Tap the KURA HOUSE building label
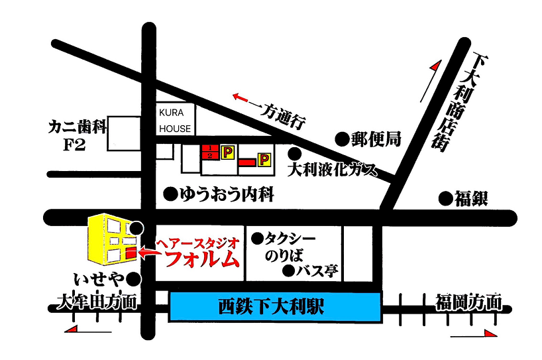175,121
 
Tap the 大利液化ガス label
333,170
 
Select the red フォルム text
201,259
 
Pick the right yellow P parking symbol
264,159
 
